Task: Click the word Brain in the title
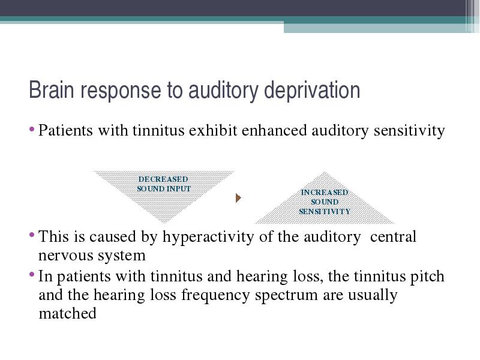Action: coord(52,89)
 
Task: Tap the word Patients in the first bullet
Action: coord(65,130)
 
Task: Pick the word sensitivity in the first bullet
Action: coord(409,131)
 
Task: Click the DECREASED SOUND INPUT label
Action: coord(163,184)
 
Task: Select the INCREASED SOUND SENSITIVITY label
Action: coord(325,202)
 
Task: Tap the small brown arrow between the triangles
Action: coord(238,198)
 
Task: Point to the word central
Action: coord(393,236)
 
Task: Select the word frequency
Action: coord(215,296)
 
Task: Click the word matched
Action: coord(67,313)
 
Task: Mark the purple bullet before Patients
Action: coord(32,129)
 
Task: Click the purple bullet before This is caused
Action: coord(32,235)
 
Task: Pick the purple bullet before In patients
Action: coord(32,274)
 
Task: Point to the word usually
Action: coord(373,296)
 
